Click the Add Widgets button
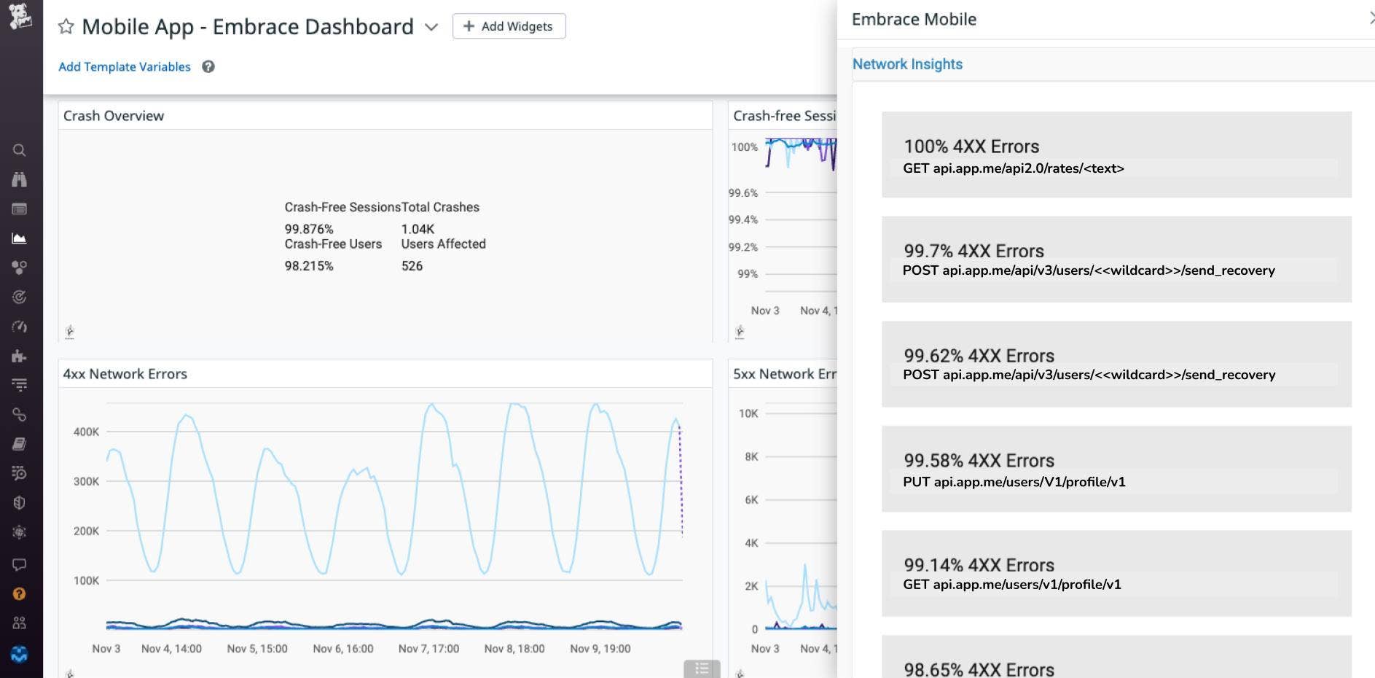pyautogui.click(x=509, y=26)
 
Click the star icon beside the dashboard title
pyautogui.click(x=66, y=27)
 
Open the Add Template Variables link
pyautogui.click(x=125, y=67)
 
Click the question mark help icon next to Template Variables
pyautogui.click(x=208, y=67)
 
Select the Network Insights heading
pyautogui.click(x=907, y=64)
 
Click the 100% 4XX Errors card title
pyautogui.click(x=971, y=147)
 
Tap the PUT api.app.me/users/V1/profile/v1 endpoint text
pyautogui.click(x=1014, y=482)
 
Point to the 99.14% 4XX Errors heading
pyautogui.click(x=979, y=565)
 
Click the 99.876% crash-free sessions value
pyautogui.click(x=309, y=229)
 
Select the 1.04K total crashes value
pyautogui.click(x=418, y=229)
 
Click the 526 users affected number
pyautogui.click(x=412, y=266)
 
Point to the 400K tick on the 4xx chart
pyautogui.click(x=86, y=432)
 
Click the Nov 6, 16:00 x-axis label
pyautogui.click(x=342, y=649)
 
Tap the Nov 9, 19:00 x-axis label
pyautogui.click(x=600, y=649)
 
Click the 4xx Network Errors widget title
pyautogui.click(x=125, y=374)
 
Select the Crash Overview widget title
pyautogui.click(x=114, y=116)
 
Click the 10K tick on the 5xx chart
pyautogui.click(x=748, y=413)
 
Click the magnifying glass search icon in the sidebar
pyautogui.click(x=20, y=150)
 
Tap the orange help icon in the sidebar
pyautogui.click(x=20, y=594)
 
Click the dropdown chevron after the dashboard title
pyautogui.click(x=431, y=27)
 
